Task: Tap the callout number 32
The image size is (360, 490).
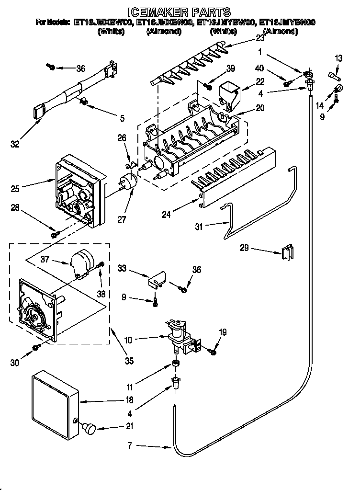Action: [x=16, y=144]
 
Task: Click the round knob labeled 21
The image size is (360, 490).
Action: [x=89, y=428]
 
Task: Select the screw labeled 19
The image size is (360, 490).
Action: [x=213, y=352]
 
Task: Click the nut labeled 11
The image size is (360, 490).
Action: [x=175, y=365]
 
